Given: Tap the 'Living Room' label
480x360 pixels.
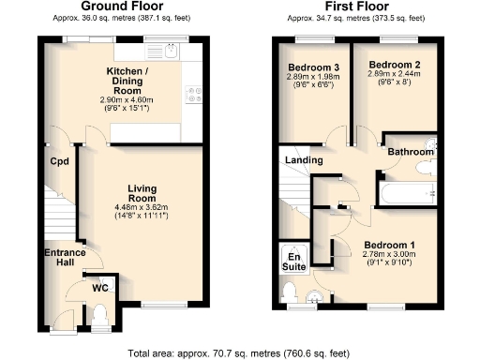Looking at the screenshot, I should click(x=141, y=193).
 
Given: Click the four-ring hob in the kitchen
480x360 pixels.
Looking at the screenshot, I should click(x=196, y=96).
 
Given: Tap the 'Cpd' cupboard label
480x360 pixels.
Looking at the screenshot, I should click(x=59, y=160).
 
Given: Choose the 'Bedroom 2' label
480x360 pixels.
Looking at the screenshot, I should click(x=386, y=65).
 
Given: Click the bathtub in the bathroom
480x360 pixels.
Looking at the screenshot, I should click(x=403, y=195).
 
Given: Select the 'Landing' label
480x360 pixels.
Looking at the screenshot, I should click(x=305, y=160).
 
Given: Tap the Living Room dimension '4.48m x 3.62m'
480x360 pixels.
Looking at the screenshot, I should click(x=141, y=207).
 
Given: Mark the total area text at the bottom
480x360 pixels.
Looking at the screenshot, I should click(x=239, y=353).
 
